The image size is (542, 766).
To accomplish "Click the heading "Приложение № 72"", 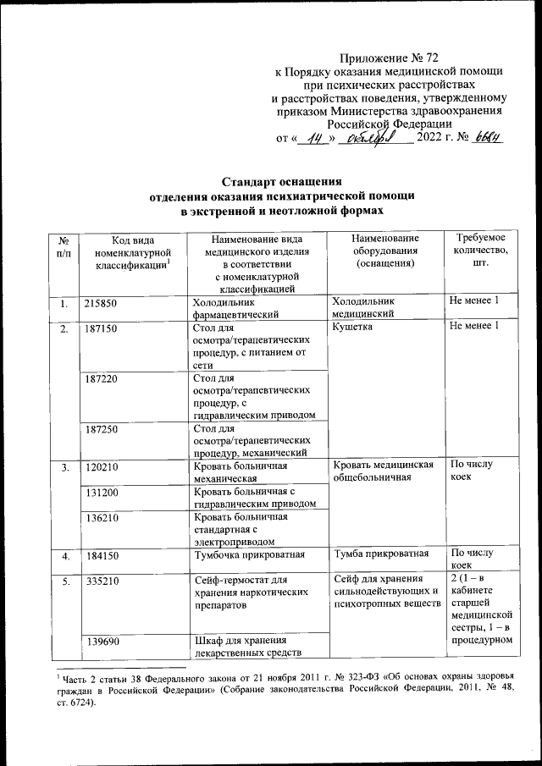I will pyautogui.click(x=390, y=58).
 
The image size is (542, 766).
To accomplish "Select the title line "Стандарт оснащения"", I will pyautogui.click(x=281, y=181).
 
